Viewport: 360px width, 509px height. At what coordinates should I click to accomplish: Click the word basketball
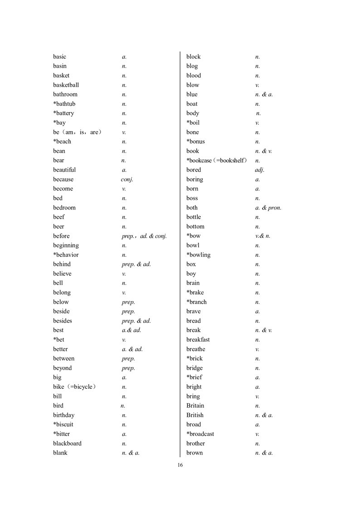click(x=66, y=85)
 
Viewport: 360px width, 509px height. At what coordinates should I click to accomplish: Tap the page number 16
click(x=180, y=465)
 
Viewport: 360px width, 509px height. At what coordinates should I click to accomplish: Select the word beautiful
click(x=64, y=170)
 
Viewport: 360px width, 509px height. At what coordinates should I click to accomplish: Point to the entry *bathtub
click(x=64, y=104)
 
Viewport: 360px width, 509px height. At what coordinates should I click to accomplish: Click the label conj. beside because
click(x=127, y=179)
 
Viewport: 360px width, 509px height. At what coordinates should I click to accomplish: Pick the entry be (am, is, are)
click(x=77, y=132)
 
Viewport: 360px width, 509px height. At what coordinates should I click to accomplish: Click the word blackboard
click(x=67, y=443)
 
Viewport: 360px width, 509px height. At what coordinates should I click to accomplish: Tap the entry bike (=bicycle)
click(x=74, y=387)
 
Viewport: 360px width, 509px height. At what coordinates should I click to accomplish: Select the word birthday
click(x=63, y=415)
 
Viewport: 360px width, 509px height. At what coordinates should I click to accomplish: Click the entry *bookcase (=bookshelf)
click(x=217, y=161)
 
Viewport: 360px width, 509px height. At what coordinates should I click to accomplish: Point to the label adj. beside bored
click(x=260, y=170)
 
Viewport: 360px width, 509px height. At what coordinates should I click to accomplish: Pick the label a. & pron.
click(x=268, y=208)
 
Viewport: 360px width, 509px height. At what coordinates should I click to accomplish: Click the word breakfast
click(x=198, y=339)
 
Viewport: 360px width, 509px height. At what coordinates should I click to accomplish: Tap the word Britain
click(x=195, y=406)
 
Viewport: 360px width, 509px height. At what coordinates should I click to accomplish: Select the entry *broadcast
click(x=200, y=434)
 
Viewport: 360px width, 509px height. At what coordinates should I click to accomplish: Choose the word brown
click(x=195, y=453)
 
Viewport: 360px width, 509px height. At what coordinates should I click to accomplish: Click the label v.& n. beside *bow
click(x=263, y=236)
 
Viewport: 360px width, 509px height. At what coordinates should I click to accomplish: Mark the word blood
click(x=194, y=75)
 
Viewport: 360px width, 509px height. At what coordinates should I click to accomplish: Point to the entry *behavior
click(x=66, y=254)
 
